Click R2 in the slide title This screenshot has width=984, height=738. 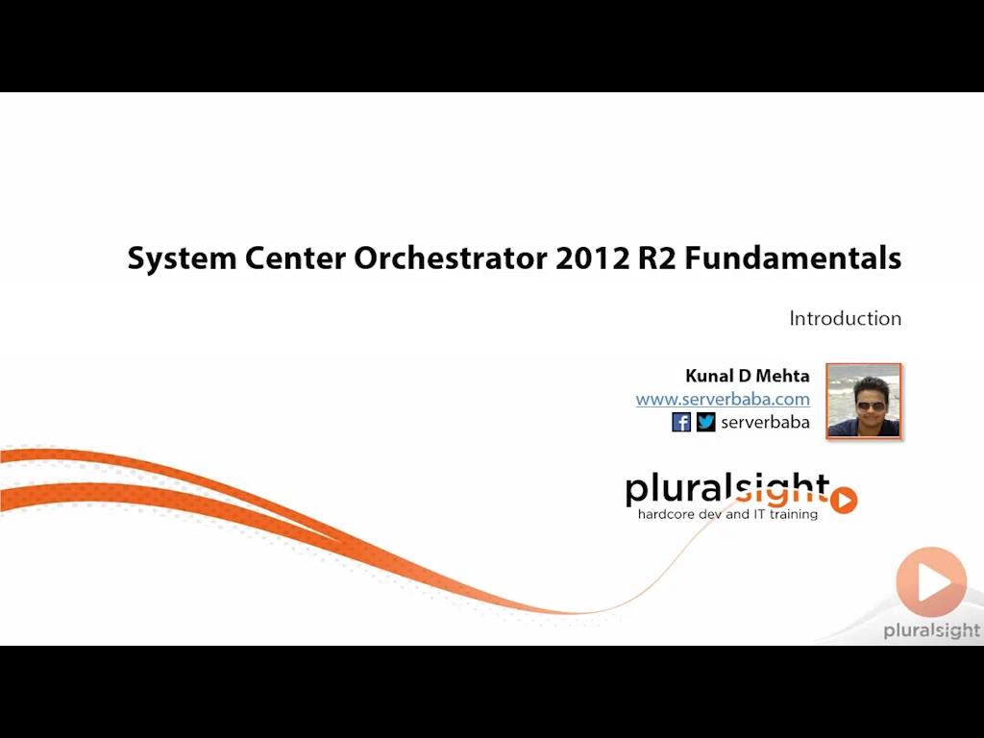click(658, 258)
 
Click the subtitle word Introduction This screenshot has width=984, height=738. click(846, 318)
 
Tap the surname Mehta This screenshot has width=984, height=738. click(784, 376)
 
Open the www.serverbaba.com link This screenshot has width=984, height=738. click(723, 399)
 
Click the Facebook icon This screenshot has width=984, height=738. click(681, 422)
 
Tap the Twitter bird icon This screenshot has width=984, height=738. click(706, 422)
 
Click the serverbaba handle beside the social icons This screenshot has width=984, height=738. click(765, 422)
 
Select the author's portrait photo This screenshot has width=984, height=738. click(863, 401)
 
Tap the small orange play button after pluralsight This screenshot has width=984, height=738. click(844, 500)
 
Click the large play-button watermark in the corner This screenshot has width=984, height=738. click(930, 582)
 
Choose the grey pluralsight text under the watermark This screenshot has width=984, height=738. click(931, 630)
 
